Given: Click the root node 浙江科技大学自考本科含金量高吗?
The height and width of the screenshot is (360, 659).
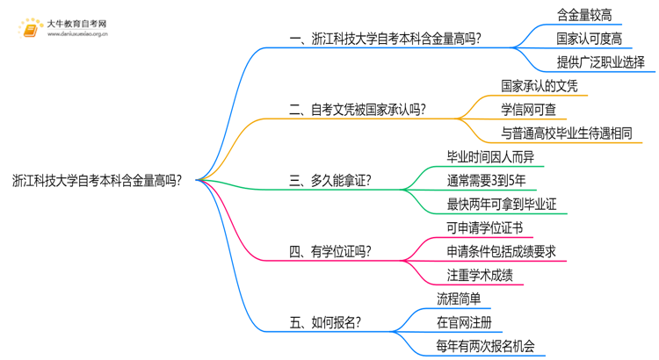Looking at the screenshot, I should (x=98, y=181).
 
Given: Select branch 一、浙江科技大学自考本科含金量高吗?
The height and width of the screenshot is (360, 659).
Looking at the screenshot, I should (x=385, y=40).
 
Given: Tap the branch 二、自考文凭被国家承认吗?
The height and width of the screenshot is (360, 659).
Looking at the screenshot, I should (x=358, y=110).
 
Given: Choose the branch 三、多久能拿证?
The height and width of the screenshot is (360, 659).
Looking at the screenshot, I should (x=329, y=181).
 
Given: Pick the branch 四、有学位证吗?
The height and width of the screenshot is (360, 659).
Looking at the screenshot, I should (x=329, y=252).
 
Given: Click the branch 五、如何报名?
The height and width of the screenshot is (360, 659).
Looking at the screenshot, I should (x=324, y=322).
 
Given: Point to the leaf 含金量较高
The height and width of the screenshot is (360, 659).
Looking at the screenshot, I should (x=584, y=15).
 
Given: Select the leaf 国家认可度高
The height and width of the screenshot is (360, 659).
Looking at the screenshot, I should (x=590, y=39).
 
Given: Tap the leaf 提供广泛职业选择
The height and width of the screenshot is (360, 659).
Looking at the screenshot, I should (x=601, y=62).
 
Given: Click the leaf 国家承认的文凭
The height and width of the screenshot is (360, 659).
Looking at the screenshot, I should (x=543, y=86).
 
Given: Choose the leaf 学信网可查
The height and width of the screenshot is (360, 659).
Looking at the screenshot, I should (x=529, y=110).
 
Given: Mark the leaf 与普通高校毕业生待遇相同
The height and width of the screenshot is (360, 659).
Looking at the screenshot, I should (x=566, y=133).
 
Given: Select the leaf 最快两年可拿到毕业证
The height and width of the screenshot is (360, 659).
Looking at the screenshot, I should (x=502, y=205).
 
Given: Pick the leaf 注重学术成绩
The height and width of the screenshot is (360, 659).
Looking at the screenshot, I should (x=479, y=276).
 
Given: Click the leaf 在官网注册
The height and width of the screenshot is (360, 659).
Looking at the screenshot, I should (x=464, y=321).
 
